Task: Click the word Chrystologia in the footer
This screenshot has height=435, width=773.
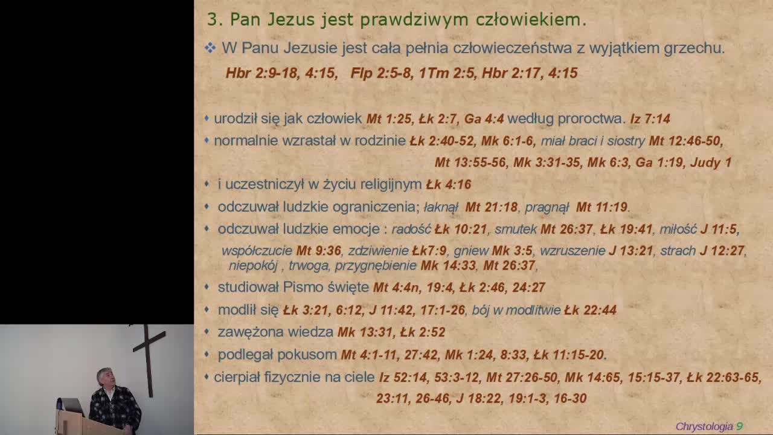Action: click(x=704, y=427)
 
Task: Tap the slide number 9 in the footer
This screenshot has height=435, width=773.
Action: click(x=739, y=427)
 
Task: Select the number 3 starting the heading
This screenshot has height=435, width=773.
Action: click(x=212, y=20)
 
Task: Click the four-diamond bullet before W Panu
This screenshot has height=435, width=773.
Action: click(x=210, y=48)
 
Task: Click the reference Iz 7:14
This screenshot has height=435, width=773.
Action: click(x=650, y=119)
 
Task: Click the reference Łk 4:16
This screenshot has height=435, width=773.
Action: click(x=448, y=184)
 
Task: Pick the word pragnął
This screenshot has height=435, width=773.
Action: click(x=547, y=207)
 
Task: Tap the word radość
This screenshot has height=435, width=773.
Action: click(x=411, y=230)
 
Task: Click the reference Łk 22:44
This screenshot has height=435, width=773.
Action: click(x=590, y=311)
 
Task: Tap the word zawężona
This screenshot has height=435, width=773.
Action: click(x=250, y=332)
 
